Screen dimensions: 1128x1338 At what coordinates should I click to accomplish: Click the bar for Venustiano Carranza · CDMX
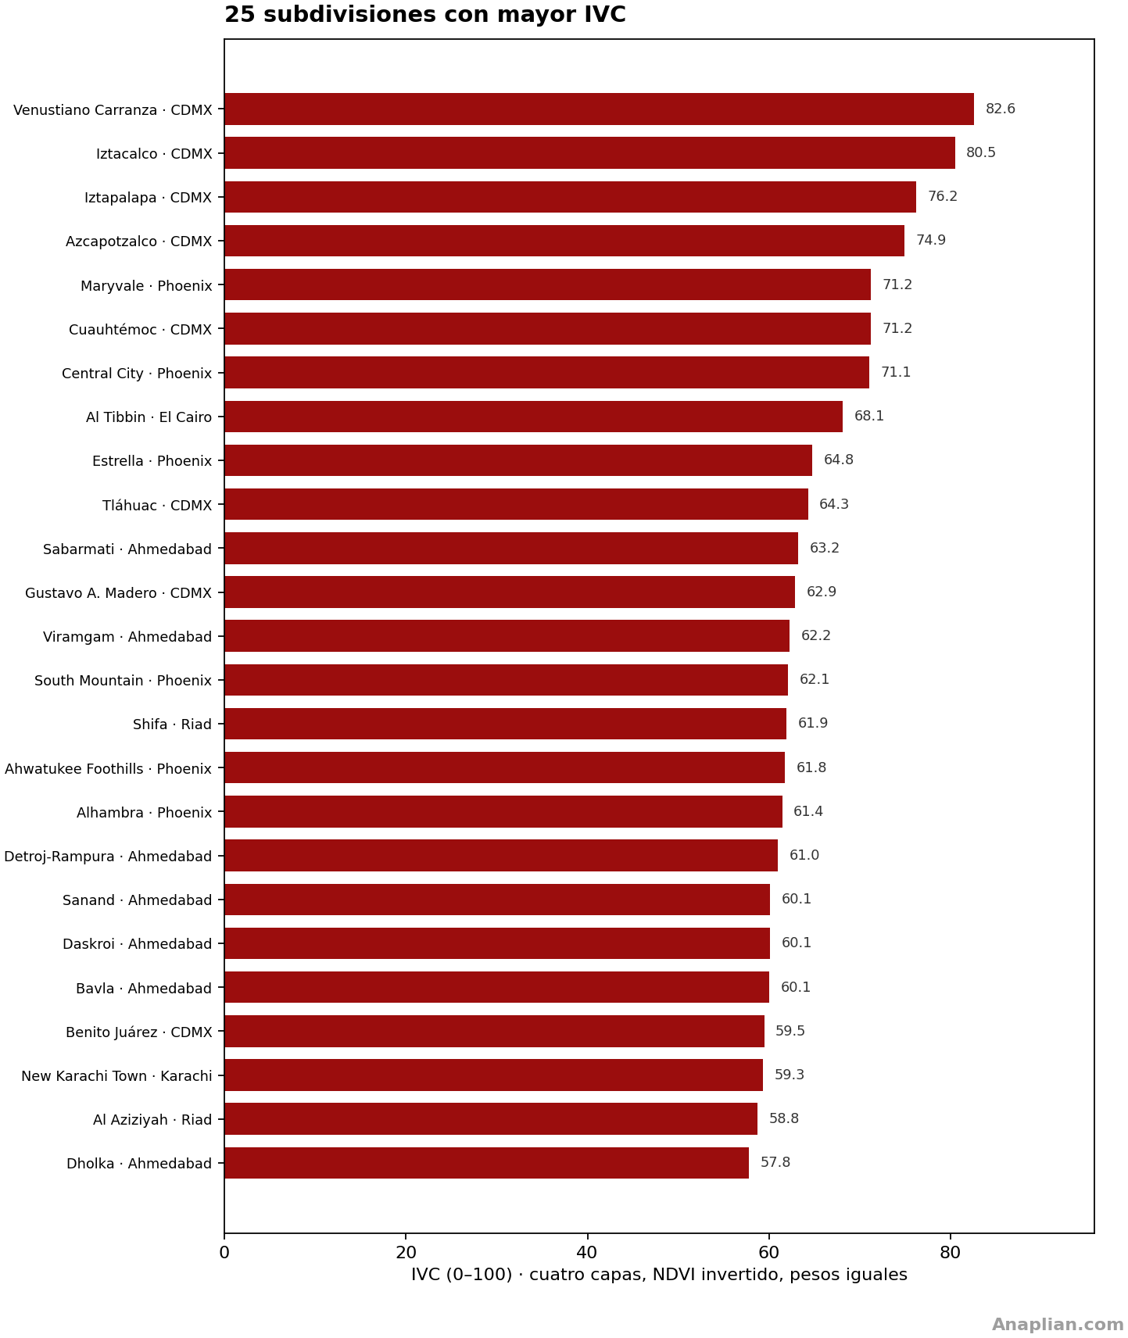click(599, 109)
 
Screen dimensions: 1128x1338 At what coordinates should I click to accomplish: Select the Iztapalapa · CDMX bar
click(570, 197)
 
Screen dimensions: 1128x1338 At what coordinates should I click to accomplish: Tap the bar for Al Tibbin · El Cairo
click(533, 417)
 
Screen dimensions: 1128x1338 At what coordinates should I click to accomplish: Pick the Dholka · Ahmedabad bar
click(486, 1163)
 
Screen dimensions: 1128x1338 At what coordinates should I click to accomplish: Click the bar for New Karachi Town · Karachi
click(493, 1075)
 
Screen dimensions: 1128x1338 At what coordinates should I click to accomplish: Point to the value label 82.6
click(1001, 109)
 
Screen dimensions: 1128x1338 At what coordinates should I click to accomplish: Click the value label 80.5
click(981, 153)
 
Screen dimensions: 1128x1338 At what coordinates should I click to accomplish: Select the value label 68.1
click(869, 417)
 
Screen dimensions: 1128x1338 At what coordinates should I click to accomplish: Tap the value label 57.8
click(775, 1163)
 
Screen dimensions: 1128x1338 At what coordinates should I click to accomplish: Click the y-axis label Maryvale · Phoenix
click(146, 286)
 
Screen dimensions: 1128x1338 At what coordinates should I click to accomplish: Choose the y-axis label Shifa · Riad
click(173, 724)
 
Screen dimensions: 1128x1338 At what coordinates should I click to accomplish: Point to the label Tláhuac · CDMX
click(157, 506)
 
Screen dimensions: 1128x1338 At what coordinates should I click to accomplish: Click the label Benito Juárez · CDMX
click(139, 1032)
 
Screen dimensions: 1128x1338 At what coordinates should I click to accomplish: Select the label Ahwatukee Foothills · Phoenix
click(108, 769)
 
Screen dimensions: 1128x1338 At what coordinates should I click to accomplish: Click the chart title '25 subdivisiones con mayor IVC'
click(425, 15)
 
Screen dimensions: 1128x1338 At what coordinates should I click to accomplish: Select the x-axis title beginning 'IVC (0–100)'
click(659, 1275)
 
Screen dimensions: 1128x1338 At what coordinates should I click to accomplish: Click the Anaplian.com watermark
click(1058, 1325)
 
